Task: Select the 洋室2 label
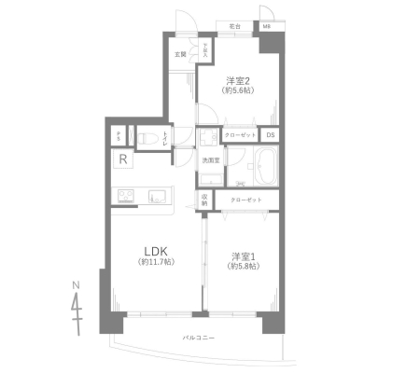237,78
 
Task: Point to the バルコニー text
199,336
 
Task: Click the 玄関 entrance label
179,54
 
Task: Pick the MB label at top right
267,27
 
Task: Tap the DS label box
270,134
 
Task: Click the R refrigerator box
123,159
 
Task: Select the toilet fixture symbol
147,137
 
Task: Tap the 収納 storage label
205,199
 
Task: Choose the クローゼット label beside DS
239,134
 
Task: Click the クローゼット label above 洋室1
247,200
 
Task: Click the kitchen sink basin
155,195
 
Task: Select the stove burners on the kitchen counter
126,195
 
